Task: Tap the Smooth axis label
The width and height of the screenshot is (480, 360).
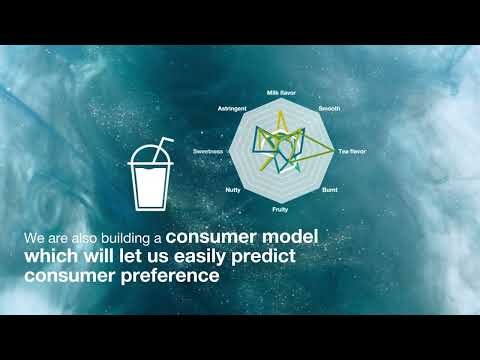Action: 329,107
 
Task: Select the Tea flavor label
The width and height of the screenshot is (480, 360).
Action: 351,150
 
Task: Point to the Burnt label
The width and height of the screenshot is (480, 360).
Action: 330,189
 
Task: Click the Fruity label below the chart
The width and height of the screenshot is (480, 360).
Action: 281,211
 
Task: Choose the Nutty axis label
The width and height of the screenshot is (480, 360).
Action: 232,189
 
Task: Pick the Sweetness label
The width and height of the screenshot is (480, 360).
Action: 209,150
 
